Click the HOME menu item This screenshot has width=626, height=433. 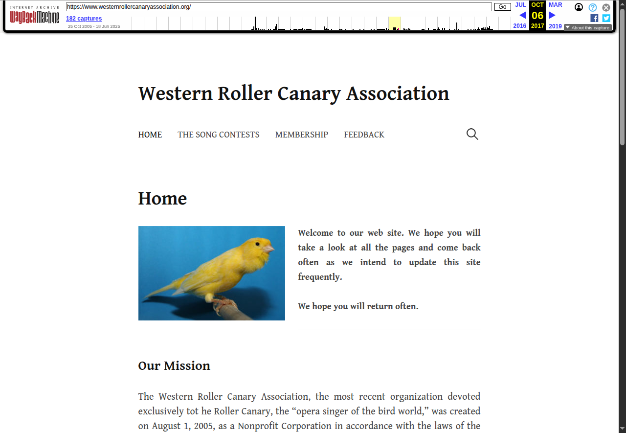point(150,135)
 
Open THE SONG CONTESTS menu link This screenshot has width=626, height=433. point(218,135)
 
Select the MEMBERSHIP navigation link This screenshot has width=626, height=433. point(301,135)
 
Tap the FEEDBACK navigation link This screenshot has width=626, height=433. point(364,135)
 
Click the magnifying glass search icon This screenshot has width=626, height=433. point(472,134)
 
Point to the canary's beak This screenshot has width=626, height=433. point(269,249)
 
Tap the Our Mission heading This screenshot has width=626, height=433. point(174,366)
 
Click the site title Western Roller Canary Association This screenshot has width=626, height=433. point(293,93)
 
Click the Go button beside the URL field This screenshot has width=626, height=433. point(502,7)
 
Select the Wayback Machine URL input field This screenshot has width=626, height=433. point(279,7)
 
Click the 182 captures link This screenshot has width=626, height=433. point(84,19)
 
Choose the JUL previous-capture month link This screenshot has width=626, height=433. point(520,5)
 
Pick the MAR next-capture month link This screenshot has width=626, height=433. point(555,5)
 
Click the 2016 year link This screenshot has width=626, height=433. point(519,26)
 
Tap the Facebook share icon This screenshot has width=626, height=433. point(594,18)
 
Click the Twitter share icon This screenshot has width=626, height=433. point(606,18)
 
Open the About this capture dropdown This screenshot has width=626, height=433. point(587,28)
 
